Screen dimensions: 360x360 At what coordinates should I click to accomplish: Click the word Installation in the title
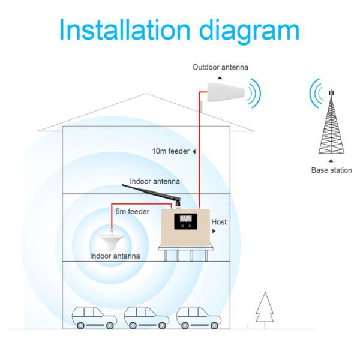click(x=125, y=30)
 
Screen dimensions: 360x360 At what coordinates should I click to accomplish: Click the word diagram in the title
click(x=250, y=32)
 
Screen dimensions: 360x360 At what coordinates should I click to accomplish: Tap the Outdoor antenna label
click(x=220, y=67)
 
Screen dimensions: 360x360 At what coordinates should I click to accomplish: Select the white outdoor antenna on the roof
click(x=226, y=92)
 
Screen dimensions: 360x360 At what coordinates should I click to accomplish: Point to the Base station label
click(x=332, y=170)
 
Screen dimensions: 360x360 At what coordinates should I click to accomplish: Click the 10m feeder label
click(x=171, y=151)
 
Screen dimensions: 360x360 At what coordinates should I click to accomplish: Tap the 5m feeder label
click(x=133, y=211)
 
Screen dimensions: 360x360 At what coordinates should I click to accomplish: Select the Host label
click(x=219, y=222)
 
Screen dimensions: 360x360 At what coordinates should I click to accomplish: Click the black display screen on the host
click(x=185, y=221)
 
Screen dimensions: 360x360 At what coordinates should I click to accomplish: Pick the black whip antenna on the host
click(x=152, y=194)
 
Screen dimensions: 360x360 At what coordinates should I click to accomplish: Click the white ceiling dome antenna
click(x=112, y=242)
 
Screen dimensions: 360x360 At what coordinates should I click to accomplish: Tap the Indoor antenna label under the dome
click(x=115, y=256)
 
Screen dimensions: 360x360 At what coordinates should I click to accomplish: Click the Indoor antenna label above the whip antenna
click(x=155, y=181)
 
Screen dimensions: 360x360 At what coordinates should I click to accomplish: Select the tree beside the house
click(x=265, y=310)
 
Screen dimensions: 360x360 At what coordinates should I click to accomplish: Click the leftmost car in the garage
click(x=94, y=317)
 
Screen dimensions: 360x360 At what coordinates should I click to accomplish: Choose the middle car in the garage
click(x=147, y=317)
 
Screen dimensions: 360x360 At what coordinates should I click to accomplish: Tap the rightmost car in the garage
click(x=199, y=317)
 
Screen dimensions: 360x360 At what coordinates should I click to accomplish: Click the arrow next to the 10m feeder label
click(x=194, y=152)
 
